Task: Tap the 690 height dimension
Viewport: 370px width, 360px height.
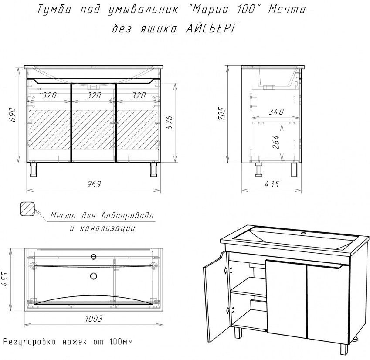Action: pos(13,115)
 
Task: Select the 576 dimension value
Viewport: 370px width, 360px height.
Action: pos(170,122)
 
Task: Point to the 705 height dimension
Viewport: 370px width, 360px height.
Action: pos(222,113)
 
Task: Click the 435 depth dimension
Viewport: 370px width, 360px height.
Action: pos(272,184)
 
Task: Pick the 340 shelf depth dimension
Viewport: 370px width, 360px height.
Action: pos(277,112)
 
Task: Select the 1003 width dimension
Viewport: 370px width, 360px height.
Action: pos(94,319)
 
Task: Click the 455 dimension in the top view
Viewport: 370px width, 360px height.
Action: pos(5,279)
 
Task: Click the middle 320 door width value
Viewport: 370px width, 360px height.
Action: pos(94,95)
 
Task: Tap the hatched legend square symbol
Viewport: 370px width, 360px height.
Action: pos(27,209)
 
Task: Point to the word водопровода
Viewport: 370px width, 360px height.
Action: pos(128,216)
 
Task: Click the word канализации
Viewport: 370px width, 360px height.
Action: pos(109,228)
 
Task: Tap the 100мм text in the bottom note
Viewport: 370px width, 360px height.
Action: pos(121,342)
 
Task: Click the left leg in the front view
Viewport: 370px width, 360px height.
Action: pos(34,169)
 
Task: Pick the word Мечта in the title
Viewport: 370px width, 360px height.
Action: pos(287,10)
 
